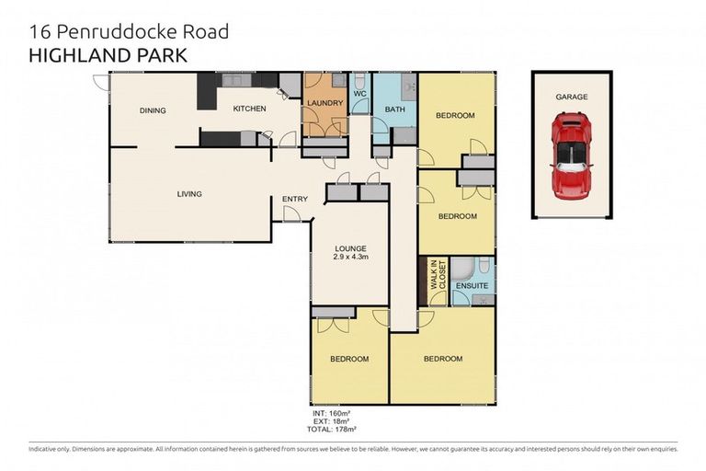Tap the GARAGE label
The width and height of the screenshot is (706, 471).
(571, 97)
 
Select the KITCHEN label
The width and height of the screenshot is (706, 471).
(249, 109)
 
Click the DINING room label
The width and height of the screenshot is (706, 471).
(153, 110)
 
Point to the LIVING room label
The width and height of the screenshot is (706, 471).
(189, 194)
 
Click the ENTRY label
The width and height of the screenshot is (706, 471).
(294, 199)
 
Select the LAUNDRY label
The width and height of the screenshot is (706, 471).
(325, 103)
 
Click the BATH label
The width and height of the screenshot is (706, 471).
(395, 109)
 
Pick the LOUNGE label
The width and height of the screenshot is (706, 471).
(351, 248)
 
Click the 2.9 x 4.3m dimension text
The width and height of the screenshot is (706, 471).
(351, 258)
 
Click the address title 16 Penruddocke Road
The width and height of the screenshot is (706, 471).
(129, 32)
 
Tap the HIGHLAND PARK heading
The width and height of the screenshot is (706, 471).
(108, 55)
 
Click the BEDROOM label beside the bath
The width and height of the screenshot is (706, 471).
(455, 115)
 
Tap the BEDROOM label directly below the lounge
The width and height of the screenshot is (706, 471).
(349, 358)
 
